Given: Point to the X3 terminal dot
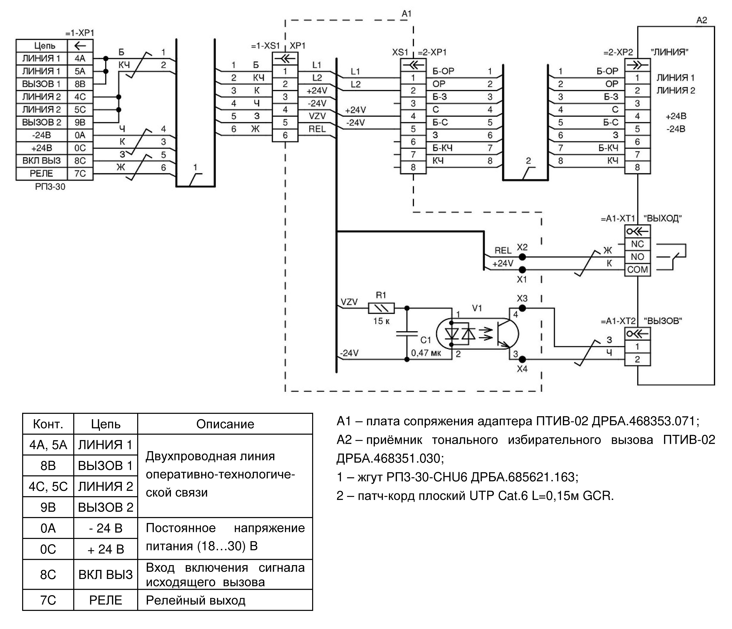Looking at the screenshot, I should click(522, 308).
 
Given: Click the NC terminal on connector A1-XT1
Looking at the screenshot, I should click(637, 244).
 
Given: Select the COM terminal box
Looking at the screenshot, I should click(637, 270).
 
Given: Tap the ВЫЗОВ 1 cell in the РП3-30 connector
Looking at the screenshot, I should click(42, 84).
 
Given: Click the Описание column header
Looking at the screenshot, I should click(225, 424).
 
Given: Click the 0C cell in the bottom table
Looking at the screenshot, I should click(48, 549).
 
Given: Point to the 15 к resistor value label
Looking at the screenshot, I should click(381, 321).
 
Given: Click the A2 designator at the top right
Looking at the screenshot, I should click(702, 20).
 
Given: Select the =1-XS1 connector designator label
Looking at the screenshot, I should click(265, 46).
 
